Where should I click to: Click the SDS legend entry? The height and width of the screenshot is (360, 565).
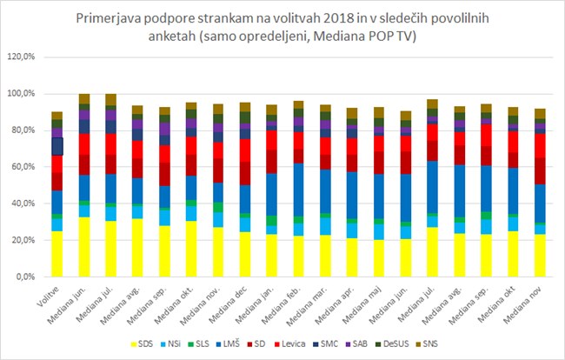coord(142,343)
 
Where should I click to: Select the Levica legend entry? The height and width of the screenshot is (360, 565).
coord(290,343)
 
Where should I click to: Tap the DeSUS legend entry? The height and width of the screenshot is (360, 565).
coord(392,343)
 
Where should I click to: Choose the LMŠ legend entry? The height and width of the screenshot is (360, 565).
coord(229,343)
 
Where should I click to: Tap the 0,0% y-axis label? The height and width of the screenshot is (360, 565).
coord(26,277)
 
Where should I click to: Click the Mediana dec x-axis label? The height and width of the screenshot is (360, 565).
coord(230,303)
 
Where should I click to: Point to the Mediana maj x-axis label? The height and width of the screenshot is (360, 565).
coord(363,303)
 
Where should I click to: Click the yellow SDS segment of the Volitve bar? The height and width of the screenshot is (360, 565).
coord(56,254)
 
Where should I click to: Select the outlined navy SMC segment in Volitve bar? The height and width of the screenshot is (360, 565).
coord(56,146)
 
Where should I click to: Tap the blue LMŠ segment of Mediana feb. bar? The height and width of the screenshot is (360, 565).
coord(298,190)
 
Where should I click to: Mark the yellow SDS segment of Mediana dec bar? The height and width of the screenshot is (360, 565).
coord(244,254)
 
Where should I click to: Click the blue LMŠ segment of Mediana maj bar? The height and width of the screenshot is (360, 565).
coord(379,197)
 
